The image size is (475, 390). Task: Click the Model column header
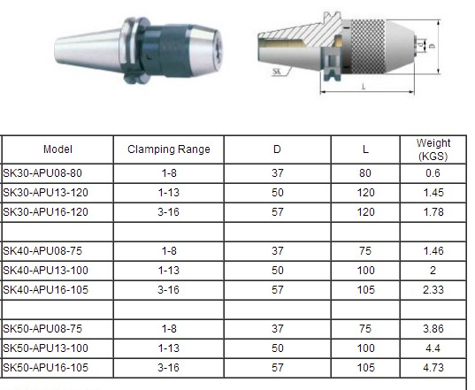coord(57,149)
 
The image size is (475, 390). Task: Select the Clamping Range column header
coord(169,149)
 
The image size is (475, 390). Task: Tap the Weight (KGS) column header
coord(433,149)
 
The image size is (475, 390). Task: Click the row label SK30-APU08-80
coord(42,173)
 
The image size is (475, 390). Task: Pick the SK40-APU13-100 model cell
coord(45,271)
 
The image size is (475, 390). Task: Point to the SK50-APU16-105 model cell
coord(45,368)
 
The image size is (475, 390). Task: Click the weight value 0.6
coord(433,173)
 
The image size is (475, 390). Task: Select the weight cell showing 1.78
coord(433,212)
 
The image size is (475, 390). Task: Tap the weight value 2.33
coord(433,290)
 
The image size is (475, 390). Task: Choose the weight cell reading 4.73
coord(433,368)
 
